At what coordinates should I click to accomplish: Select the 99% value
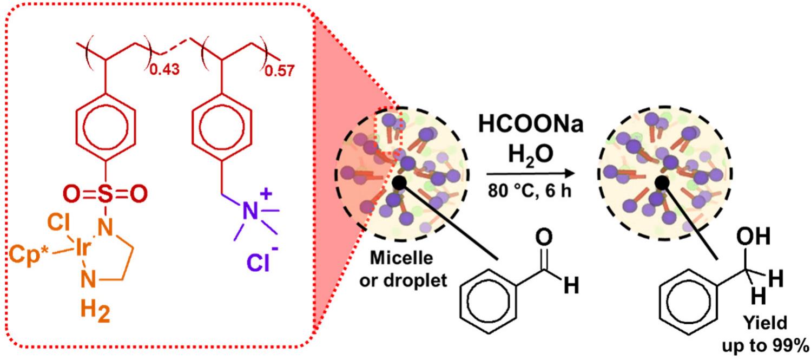click(x=793, y=345)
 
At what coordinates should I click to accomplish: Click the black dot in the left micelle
click(x=400, y=183)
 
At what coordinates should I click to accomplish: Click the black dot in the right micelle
click(x=661, y=183)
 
